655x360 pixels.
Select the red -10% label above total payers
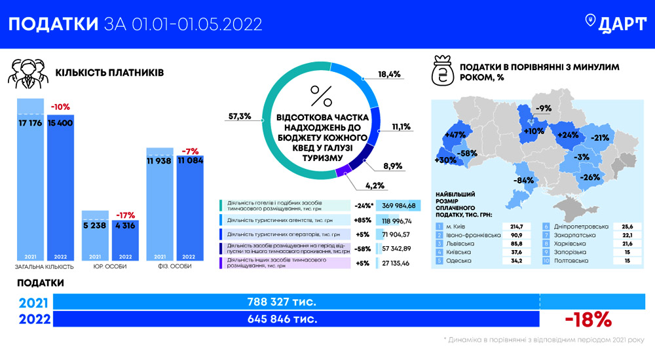click(x=60, y=107)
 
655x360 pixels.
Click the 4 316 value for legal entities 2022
click(x=125, y=226)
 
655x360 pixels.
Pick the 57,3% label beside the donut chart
click(x=240, y=117)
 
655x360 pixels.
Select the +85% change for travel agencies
click(x=364, y=221)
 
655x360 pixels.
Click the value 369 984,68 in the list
click(x=399, y=206)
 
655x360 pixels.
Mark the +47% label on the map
click(x=454, y=135)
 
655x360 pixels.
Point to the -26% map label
click(x=591, y=177)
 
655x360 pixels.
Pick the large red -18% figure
click(x=588, y=319)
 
